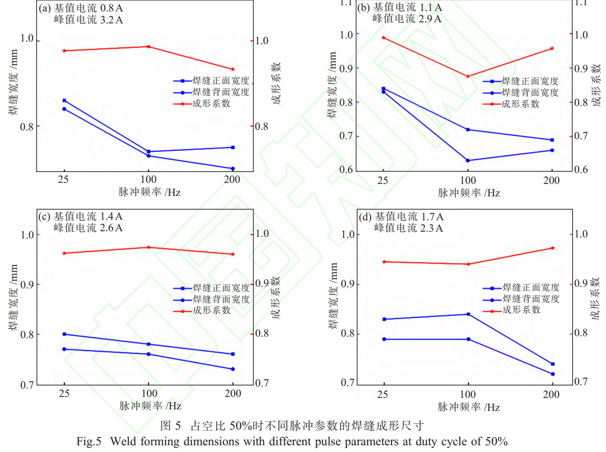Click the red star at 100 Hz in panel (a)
pyautogui.click(x=149, y=46)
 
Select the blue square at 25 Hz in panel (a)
pyautogui.click(x=64, y=100)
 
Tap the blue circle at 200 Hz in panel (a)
pyautogui.click(x=232, y=168)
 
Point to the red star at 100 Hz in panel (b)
pyautogui.click(x=467, y=76)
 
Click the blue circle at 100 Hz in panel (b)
pyautogui.click(x=467, y=161)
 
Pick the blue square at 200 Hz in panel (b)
pyautogui.click(x=551, y=140)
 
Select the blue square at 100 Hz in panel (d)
pyautogui.click(x=468, y=314)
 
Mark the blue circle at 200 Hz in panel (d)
pyautogui.click(x=552, y=374)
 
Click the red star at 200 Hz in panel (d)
pyautogui.click(x=552, y=248)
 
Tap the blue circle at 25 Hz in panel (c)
pyautogui.click(x=64, y=349)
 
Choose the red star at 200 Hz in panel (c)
pyautogui.click(x=232, y=254)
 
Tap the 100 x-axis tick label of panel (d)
pyautogui.click(x=468, y=394)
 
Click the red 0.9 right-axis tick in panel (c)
pyautogui.click(x=262, y=283)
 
